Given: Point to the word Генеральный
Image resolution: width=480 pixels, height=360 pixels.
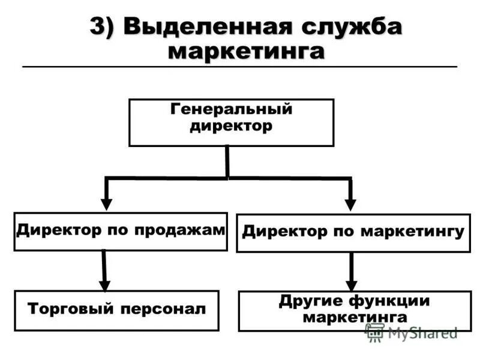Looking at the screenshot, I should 232,110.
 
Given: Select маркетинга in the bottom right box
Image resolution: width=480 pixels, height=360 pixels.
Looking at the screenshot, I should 355,317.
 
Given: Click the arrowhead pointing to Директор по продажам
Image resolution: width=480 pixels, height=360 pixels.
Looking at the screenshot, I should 106,203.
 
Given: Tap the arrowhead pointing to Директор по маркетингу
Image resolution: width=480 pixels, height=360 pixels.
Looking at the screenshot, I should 351,204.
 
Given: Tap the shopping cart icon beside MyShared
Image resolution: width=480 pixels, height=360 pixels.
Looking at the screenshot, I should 375,332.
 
